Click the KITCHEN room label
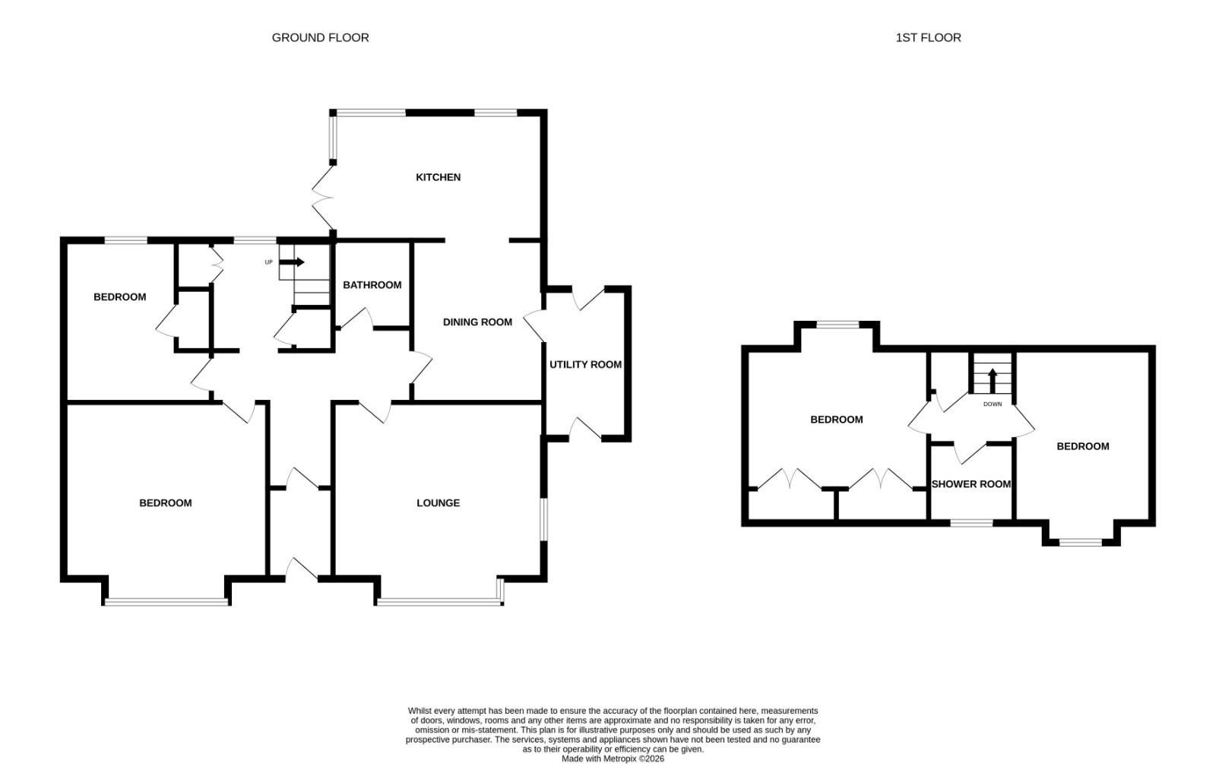point(438,177)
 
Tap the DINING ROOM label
point(477,322)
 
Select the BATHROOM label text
point(372,285)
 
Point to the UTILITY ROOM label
point(585,364)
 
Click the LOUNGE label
point(438,502)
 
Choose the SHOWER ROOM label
point(971,483)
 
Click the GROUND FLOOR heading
point(320,37)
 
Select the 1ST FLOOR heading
point(928,37)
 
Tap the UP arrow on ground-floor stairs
point(292,262)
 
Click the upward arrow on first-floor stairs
point(993,381)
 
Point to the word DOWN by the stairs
point(993,404)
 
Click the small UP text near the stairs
point(268,262)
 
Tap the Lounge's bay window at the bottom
point(440,601)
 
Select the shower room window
point(972,523)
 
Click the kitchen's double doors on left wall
point(324,198)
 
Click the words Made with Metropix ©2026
point(613,759)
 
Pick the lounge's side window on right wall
point(544,520)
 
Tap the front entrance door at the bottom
point(302,569)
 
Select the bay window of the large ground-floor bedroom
point(166,601)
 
